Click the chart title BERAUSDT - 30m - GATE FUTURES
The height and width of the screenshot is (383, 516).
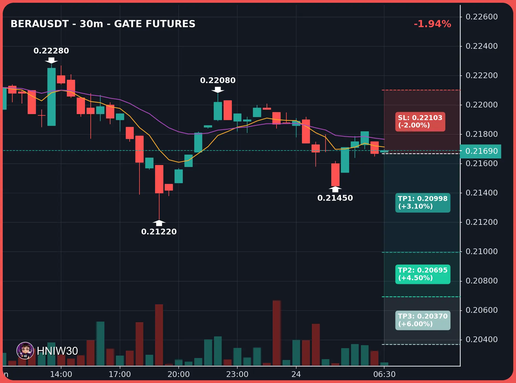click(103, 24)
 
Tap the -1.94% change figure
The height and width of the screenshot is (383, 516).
click(432, 24)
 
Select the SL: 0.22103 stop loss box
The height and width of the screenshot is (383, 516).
click(420, 121)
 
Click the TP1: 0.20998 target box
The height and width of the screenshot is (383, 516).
click(423, 203)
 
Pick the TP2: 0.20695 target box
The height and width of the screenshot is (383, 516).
click(423, 274)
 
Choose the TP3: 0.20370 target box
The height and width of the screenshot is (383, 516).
click(423, 320)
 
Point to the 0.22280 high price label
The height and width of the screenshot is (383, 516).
click(51, 51)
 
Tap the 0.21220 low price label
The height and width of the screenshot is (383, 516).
click(159, 232)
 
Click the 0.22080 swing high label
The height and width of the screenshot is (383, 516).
click(218, 80)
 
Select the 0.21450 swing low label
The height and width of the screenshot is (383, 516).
click(335, 198)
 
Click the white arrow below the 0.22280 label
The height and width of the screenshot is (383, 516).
click(51, 60)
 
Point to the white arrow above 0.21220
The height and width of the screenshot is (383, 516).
click(159, 223)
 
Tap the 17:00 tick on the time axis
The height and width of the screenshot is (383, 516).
click(120, 374)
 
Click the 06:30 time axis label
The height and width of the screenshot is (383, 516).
click(384, 374)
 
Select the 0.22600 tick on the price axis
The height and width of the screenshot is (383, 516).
click(481, 17)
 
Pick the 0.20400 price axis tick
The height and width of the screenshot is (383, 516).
click(481, 339)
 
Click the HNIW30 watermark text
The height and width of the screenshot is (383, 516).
click(57, 351)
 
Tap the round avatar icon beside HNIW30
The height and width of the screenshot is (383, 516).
click(25, 351)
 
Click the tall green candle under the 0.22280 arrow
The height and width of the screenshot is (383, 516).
click(52, 97)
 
